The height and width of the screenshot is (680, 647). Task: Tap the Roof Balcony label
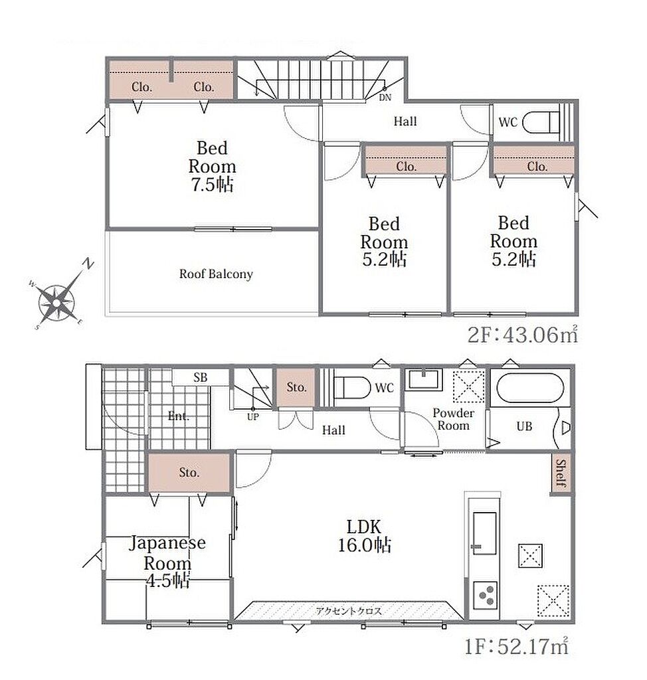216,274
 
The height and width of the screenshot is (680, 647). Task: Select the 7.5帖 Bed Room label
212,166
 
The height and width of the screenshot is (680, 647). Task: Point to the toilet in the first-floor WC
352,387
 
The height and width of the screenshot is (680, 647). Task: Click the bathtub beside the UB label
530,388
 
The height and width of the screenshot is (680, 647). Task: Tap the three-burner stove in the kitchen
485,595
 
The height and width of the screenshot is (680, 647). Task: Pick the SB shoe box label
201,378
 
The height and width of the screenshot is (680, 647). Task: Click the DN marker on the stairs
385,98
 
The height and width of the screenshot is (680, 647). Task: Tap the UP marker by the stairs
252,417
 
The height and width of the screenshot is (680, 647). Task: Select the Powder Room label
454,420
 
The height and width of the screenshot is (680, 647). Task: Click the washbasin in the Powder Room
424,379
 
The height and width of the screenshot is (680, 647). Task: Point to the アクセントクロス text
349,611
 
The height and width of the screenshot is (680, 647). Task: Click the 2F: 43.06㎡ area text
523,335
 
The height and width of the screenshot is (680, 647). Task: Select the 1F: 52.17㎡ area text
516,647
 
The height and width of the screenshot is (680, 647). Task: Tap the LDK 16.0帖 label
365,536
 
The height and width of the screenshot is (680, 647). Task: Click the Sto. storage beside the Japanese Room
189,473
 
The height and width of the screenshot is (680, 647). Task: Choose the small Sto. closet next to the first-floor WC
296,387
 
